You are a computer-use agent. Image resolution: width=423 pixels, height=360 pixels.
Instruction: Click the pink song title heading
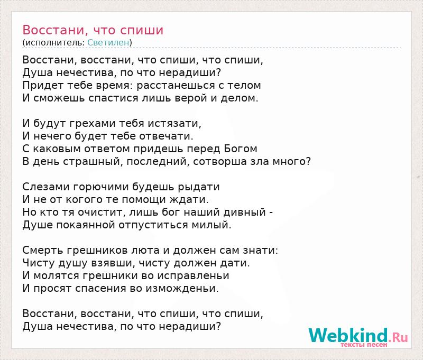coord(93,30)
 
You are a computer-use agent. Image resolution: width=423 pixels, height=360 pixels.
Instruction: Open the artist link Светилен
coord(108,42)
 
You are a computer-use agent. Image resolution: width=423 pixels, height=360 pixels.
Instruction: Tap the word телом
coord(244,86)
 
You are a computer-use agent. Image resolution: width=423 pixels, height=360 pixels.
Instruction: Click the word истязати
coord(178,124)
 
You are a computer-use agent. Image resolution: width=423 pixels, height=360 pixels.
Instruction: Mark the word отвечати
coord(166,136)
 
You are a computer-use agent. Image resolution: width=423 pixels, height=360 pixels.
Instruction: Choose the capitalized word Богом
coord(241,149)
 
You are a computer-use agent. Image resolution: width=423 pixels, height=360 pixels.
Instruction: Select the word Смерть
coord(43,251)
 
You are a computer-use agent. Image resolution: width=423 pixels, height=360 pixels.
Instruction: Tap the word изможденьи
coord(182,289)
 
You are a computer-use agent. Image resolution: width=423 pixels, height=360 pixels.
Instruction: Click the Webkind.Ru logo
coord(358,336)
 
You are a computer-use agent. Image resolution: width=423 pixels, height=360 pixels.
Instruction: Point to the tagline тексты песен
coord(364,345)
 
